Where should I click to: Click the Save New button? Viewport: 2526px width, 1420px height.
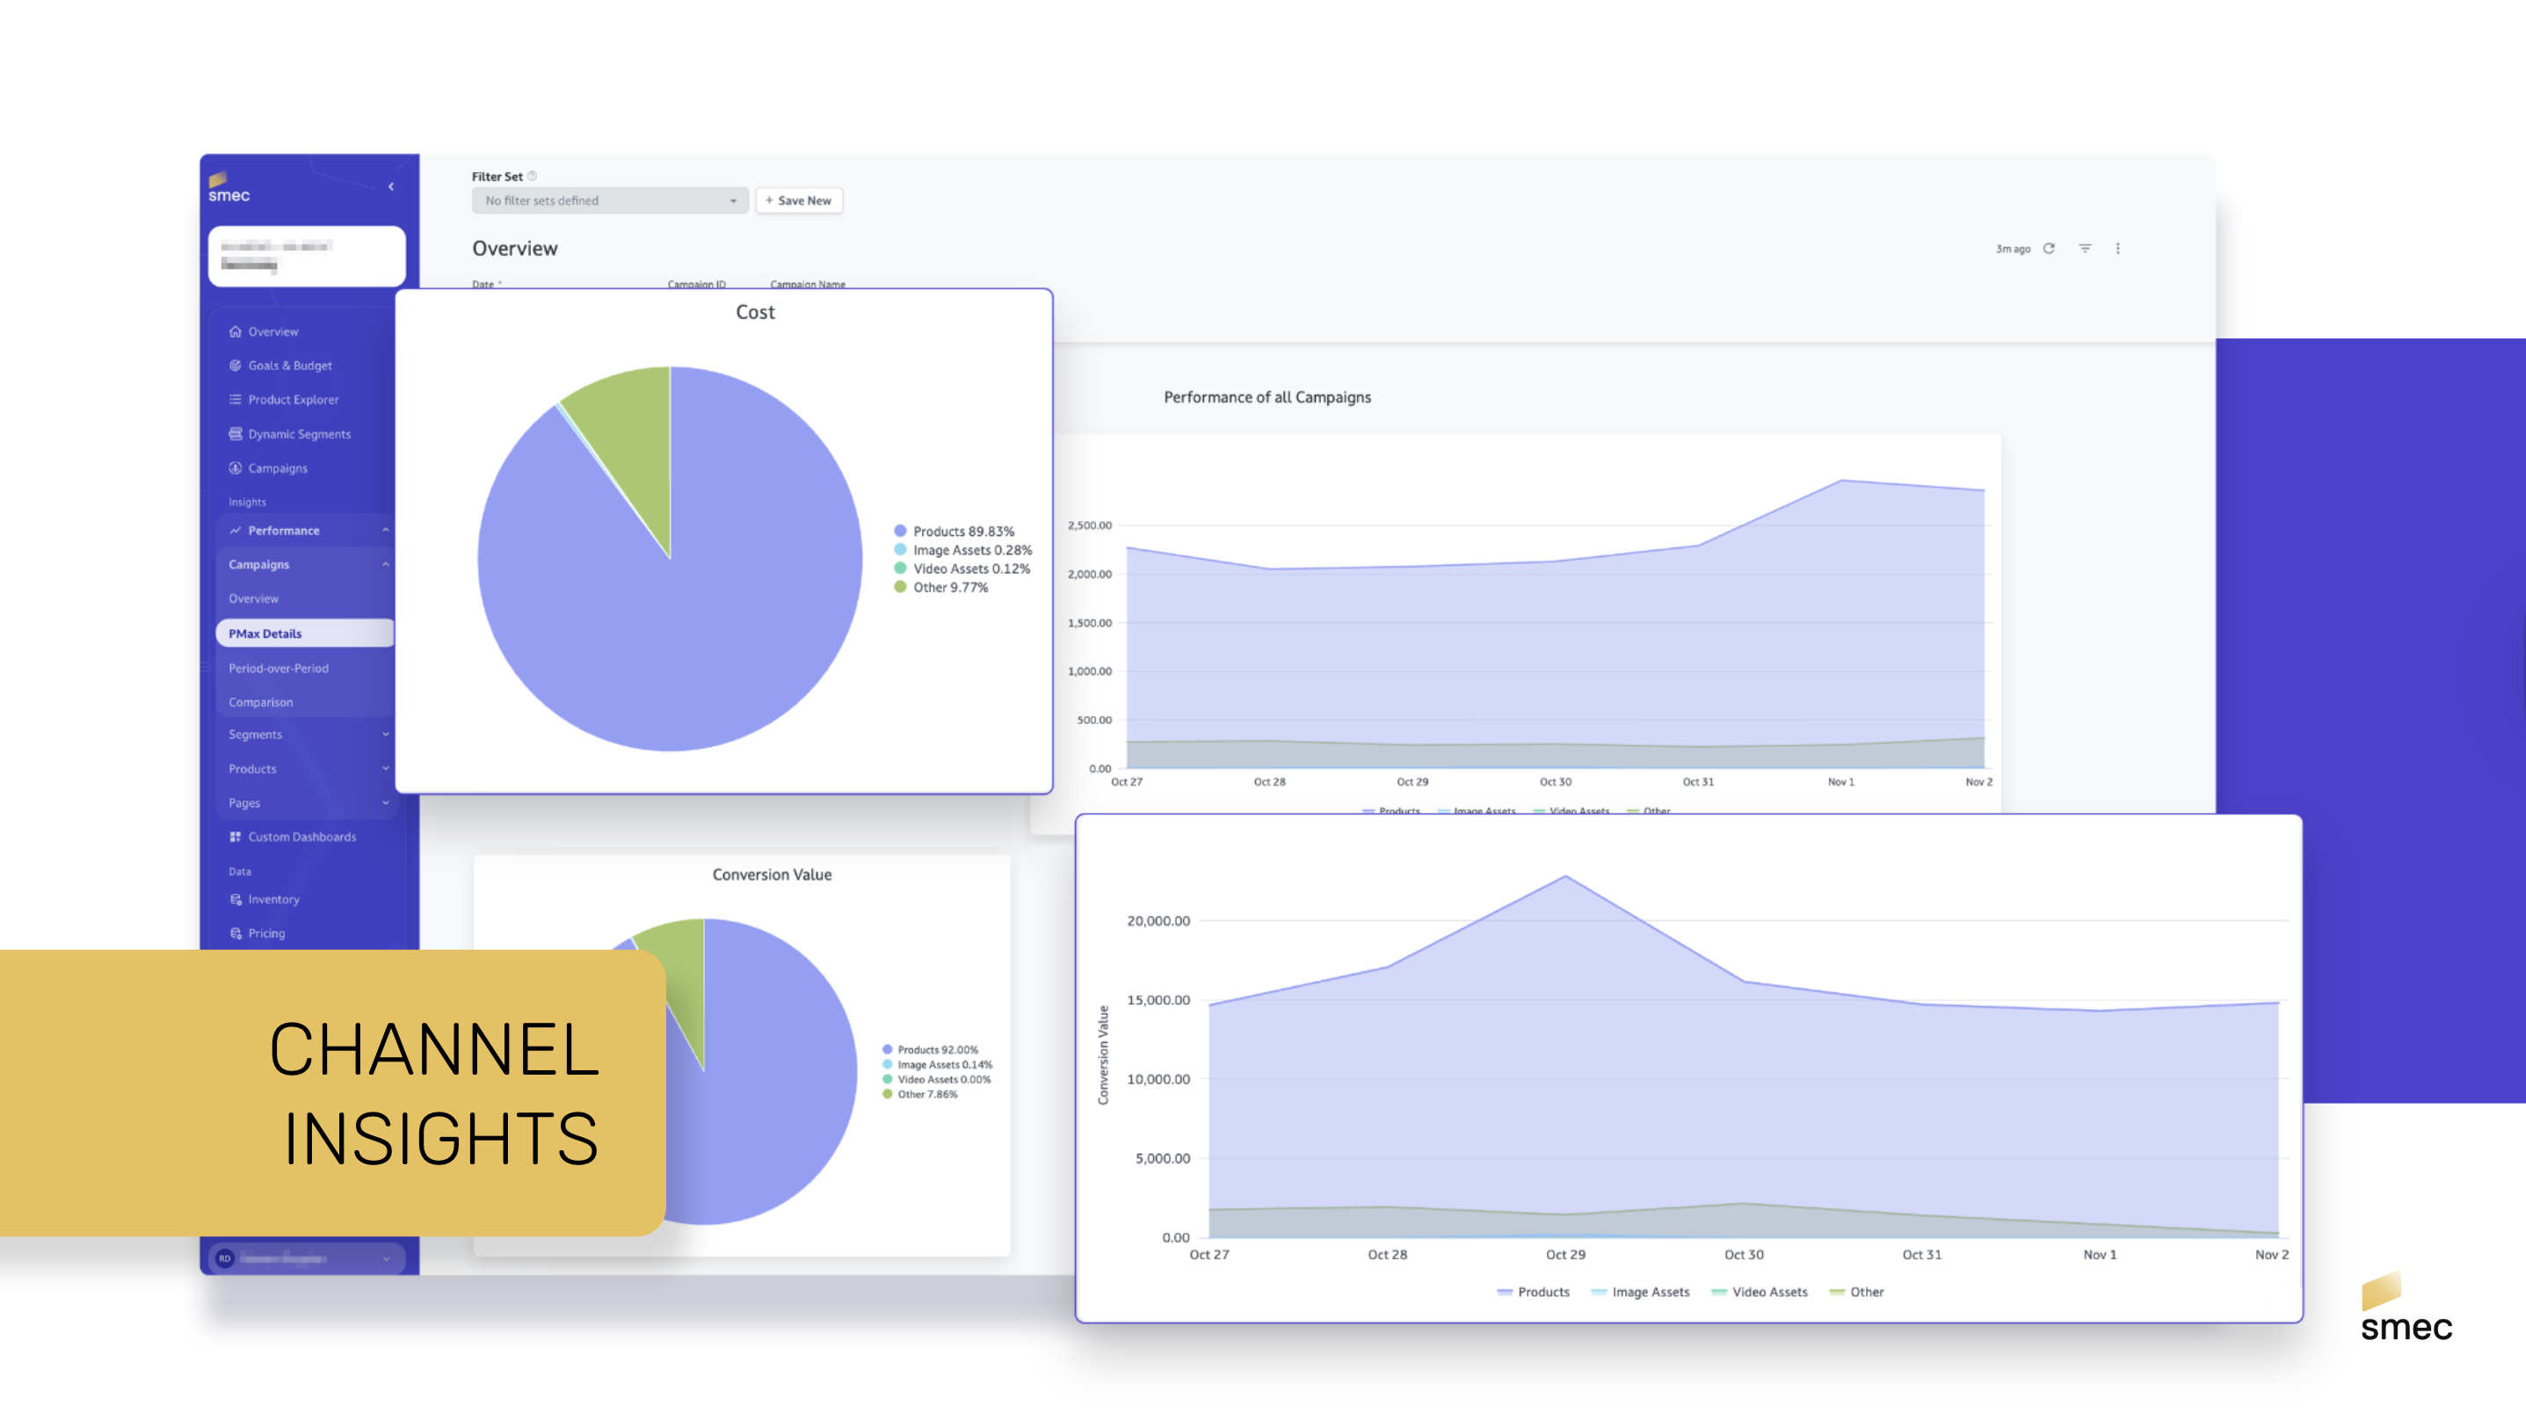(x=798, y=201)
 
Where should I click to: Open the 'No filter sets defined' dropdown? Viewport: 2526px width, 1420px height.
(x=609, y=201)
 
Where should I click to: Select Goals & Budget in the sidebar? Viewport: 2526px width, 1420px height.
(x=289, y=366)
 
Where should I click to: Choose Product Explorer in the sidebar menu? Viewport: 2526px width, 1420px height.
(x=292, y=400)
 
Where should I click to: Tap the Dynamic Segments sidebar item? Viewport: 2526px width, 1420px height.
(x=298, y=434)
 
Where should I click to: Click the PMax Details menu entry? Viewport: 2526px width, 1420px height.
(x=265, y=634)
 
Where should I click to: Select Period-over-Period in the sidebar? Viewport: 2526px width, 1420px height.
(x=279, y=669)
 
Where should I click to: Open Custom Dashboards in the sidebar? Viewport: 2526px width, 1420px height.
(x=301, y=837)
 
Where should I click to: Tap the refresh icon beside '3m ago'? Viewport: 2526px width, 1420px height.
(x=2049, y=249)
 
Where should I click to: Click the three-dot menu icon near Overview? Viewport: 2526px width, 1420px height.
(x=2118, y=249)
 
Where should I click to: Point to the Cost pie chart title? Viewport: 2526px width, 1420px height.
(x=755, y=313)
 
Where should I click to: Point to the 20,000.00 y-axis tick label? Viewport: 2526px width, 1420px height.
(x=1158, y=921)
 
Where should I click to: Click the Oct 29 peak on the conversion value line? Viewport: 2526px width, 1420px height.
(x=1565, y=877)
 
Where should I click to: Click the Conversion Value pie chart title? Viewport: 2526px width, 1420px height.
(x=772, y=874)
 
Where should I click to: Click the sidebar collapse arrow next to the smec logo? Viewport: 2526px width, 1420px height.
(x=391, y=186)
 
